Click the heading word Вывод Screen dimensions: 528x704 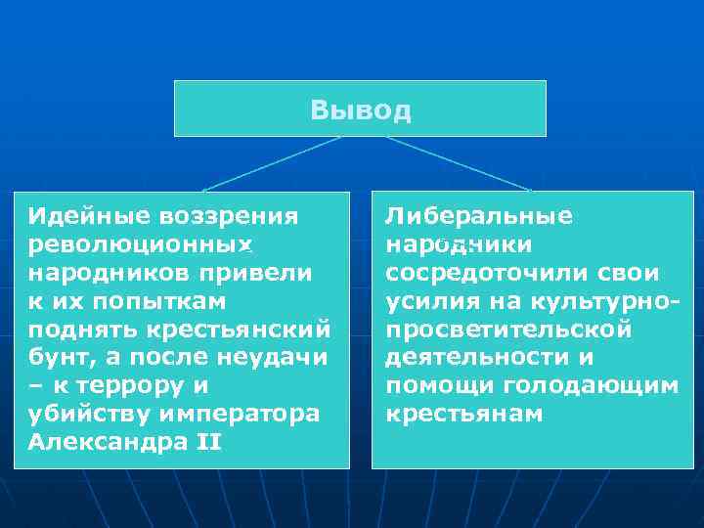360,110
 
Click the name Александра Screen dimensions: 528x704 108,442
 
